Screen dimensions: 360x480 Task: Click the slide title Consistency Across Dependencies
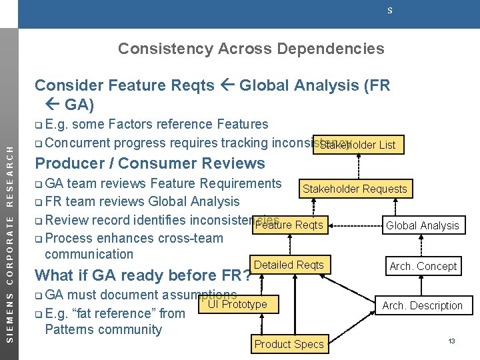(251, 49)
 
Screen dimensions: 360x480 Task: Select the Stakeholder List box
(357, 145)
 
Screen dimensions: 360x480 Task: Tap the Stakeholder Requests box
(355, 189)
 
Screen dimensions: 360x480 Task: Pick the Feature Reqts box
(289, 225)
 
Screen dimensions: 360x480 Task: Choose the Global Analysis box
(423, 225)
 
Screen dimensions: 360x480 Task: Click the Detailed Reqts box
(289, 265)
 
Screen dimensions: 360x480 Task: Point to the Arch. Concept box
(423, 266)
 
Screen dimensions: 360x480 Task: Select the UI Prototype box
(237, 305)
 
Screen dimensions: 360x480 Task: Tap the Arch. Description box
(422, 305)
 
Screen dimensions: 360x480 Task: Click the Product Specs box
(289, 344)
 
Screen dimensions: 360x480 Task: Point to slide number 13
(451, 341)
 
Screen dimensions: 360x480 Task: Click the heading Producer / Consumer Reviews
(150, 163)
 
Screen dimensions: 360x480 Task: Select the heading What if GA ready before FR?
(143, 275)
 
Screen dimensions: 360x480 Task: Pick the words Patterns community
(103, 329)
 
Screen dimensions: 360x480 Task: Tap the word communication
(89, 254)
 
